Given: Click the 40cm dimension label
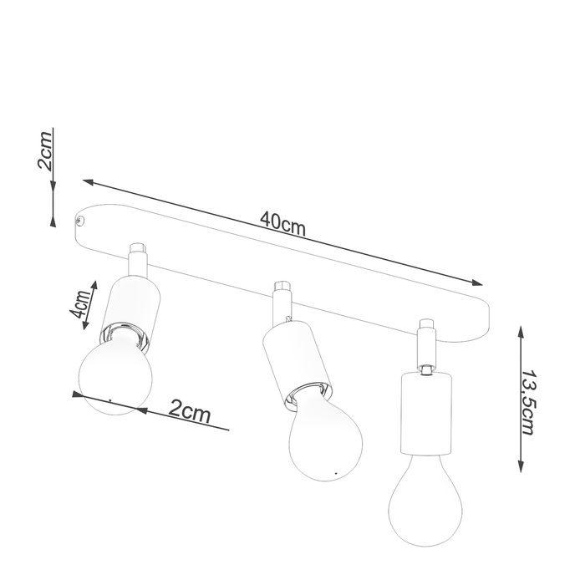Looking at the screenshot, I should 280,221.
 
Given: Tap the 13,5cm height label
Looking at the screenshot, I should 528,401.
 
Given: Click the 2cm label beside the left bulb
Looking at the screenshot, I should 188,411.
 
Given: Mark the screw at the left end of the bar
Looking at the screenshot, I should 80,221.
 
